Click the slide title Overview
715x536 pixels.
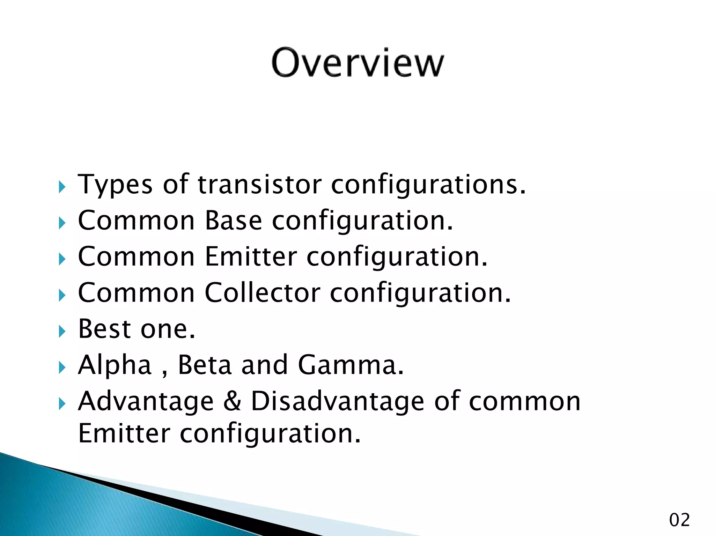(357, 63)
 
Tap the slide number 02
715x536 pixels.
(679, 520)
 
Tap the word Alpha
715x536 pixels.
(115, 365)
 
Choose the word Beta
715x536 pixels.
(205, 365)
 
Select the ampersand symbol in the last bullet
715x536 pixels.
(232, 401)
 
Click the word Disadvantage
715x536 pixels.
(338, 401)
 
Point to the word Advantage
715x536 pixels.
(146, 401)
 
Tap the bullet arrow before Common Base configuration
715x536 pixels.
(62, 223)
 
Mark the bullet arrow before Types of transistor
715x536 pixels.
(62, 187)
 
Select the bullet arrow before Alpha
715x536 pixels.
(62, 367)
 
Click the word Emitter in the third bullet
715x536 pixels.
(251, 256)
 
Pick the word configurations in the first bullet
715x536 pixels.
(428, 185)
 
